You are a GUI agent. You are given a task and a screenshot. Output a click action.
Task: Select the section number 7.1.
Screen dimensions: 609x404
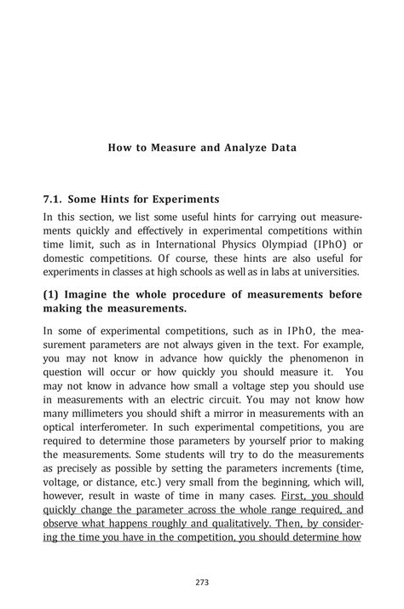click(55, 199)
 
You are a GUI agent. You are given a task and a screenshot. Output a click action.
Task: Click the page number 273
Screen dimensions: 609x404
click(202, 583)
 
